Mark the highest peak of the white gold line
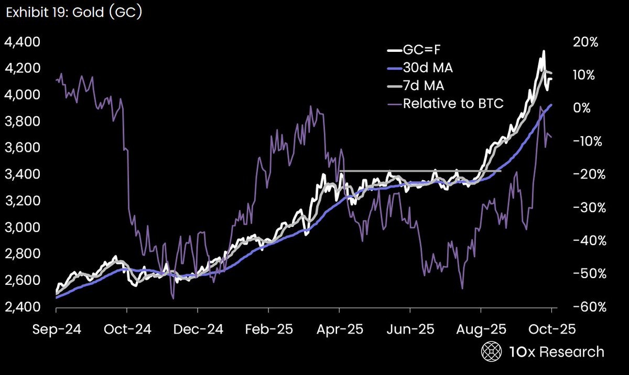point(544,51)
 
